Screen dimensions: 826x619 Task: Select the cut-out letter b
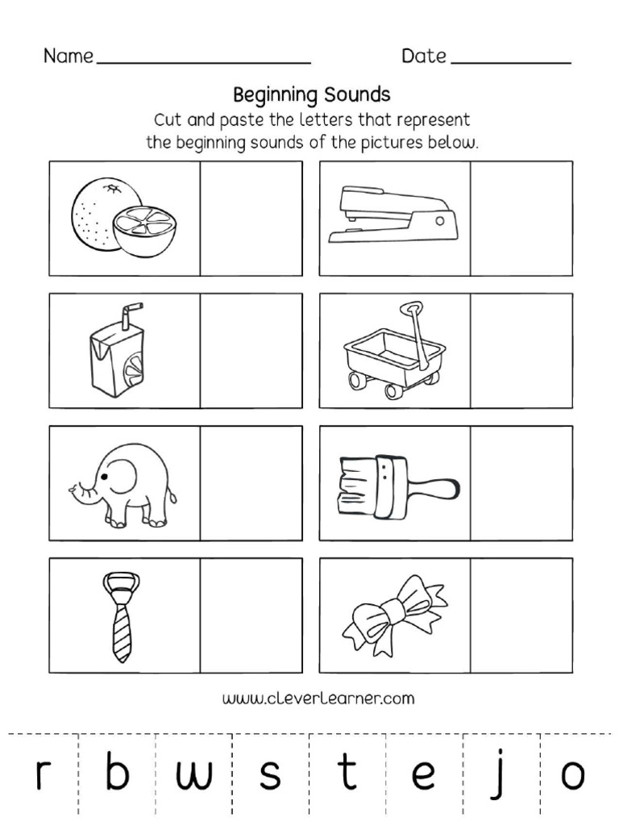pyautogui.click(x=117, y=773)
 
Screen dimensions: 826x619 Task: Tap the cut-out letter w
pyautogui.click(x=193, y=776)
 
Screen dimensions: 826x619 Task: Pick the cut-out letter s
pyautogui.click(x=271, y=776)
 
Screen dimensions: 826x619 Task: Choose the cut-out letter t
pyautogui.click(x=347, y=773)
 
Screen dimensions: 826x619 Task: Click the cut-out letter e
pyautogui.click(x=423, y=776)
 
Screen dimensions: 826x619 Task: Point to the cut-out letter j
pyautogui.click(x=501, y=774)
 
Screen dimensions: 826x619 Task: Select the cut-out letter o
pyautogui.click(x=573, y=776)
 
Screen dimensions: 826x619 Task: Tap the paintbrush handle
pyautogui.click(x=432, y=486)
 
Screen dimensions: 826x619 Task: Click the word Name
pyautogui.click(x=68, y=56)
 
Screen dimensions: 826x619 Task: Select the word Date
pyautogui.click(x=424, y=56)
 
